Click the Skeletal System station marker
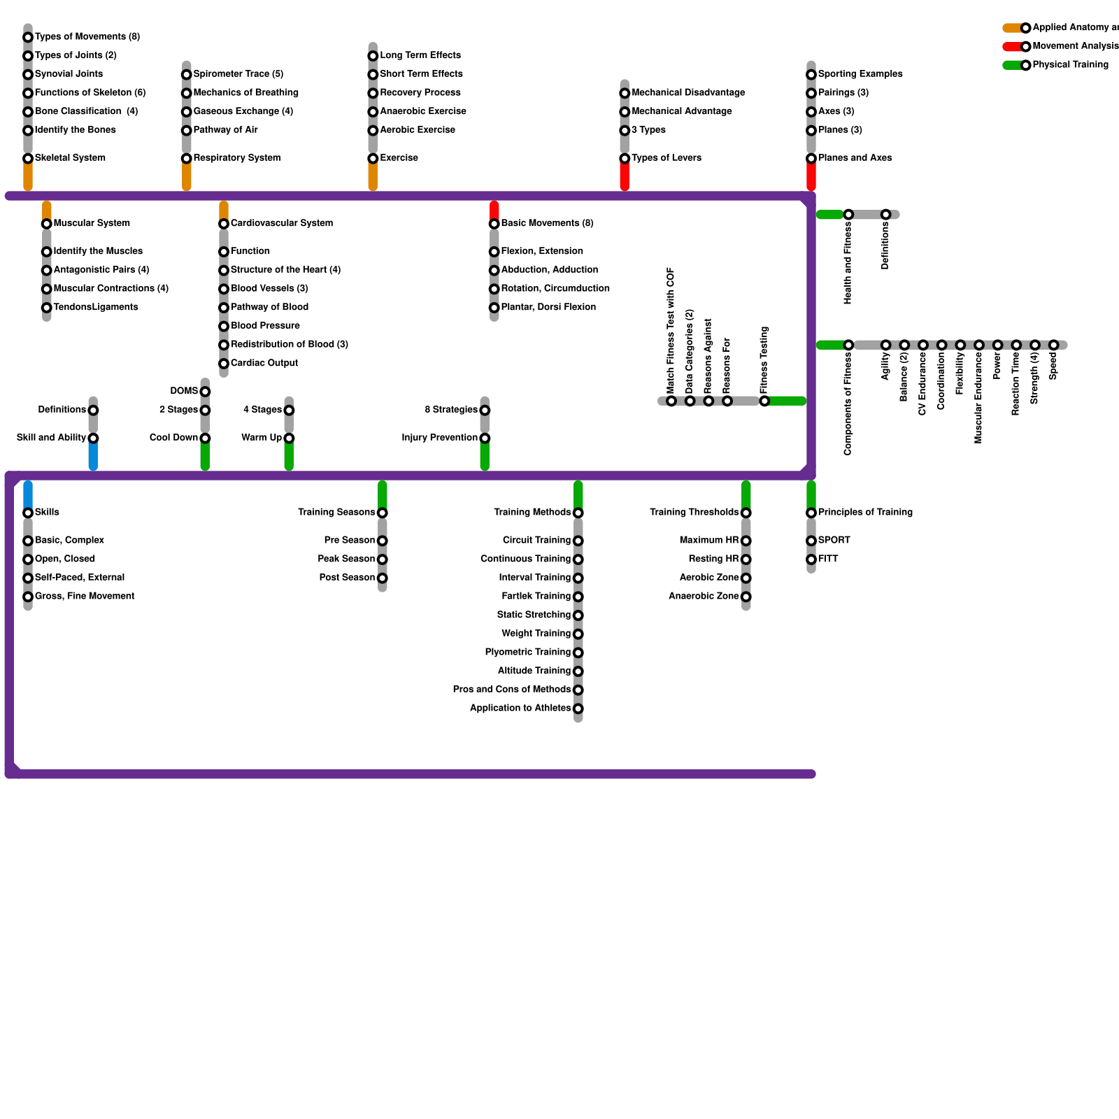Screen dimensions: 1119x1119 tap(28, 159)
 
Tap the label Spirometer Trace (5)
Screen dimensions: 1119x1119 tap(238, 74)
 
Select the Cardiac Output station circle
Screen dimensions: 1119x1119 tap(224, 364)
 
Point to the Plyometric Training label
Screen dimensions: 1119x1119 tap(527, 653)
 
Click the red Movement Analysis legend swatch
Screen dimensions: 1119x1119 tap(1011, 47)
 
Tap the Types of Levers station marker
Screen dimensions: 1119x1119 tap(625, 159)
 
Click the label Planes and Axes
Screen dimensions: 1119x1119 tap(855, 158)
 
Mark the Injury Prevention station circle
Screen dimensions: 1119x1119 tap(485, 439)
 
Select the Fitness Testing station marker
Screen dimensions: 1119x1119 tap(764, 401)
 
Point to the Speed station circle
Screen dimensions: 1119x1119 tap(1053, 345)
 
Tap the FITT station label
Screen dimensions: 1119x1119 tap(828, 559)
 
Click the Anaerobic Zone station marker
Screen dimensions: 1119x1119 tap(746, 597)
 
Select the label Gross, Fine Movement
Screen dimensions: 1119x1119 tap(85, 597)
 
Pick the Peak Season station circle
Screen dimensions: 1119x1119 tap(383, 559)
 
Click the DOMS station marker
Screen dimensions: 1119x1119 tap(205, 392)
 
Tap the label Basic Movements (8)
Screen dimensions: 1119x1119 tap(547, 224)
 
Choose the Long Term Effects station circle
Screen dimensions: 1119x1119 tap(373, 56)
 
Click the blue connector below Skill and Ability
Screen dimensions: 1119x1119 tap(93, 456)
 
